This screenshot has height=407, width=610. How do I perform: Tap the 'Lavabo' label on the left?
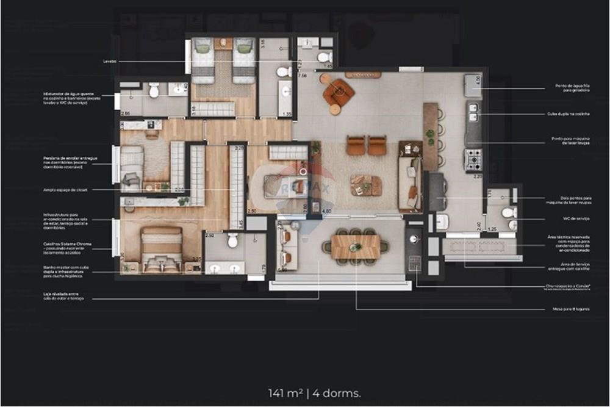click(x=110, y=62)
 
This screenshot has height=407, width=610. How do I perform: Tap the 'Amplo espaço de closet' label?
click(x=65, y=190)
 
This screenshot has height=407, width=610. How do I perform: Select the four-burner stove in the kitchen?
click(x=474, y=159)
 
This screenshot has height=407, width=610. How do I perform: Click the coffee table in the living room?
click(x=366, y=184)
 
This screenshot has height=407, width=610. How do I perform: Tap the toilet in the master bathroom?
click(x=232, y=240)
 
